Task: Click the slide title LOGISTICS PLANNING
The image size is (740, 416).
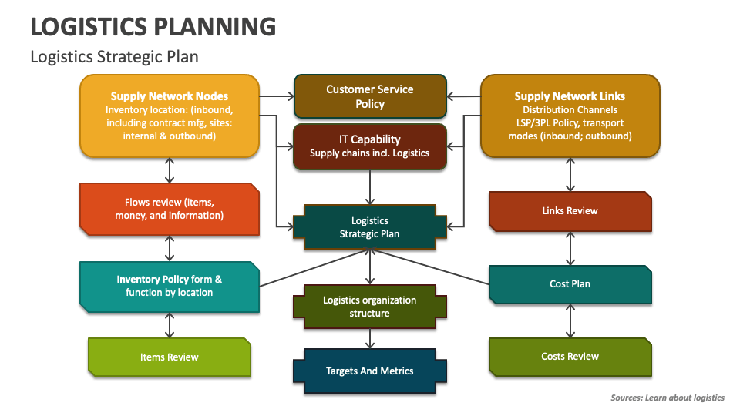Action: (153, 27)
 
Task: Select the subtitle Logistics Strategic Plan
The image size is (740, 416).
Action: (114, 57)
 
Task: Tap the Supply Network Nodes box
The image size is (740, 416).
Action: (170, 116)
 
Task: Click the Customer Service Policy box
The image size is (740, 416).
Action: (370, 96)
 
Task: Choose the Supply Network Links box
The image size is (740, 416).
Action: (570, 116)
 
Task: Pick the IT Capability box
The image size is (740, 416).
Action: (370, 146)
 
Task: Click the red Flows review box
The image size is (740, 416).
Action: (170, 209)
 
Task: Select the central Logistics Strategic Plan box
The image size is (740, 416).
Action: (370, 227)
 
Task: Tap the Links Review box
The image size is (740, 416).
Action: (570, 211)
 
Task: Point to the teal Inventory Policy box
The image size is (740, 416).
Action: (170, 286)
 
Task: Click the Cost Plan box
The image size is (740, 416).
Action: (570, 284)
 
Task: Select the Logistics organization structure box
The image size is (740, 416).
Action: (370, 307)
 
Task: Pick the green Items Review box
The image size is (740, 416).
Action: (170, 357)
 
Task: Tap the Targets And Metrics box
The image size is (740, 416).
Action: (370, 371)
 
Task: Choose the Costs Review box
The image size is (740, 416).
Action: (570, 357)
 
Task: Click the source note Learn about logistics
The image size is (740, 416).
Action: (667, 398)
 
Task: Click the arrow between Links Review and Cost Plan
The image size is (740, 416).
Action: (570, 248)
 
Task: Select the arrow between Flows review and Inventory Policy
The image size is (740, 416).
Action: (170, 248)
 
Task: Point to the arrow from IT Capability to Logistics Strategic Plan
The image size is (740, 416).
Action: (371, 187)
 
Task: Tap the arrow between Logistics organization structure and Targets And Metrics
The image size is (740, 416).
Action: (371, 337)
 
